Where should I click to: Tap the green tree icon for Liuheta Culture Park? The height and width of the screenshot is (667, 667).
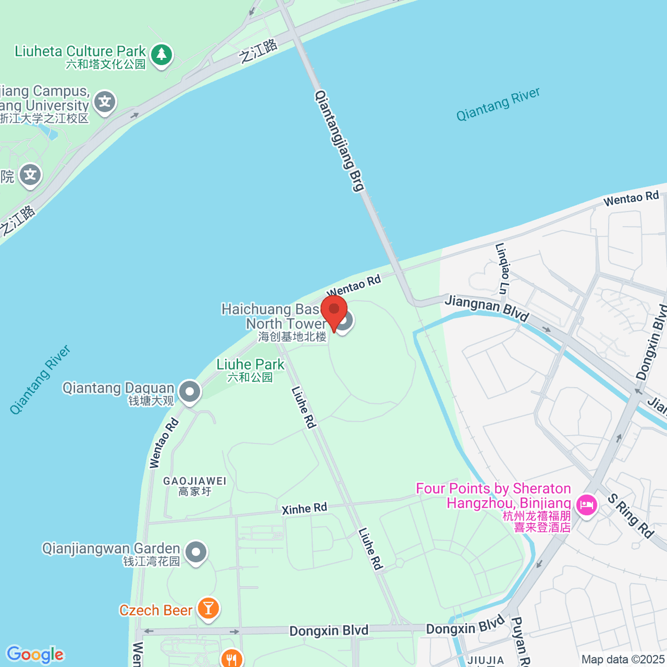pyautogui.click(x=162, y=55)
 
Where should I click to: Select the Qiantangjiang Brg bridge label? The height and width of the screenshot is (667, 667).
pyautogui.click(x=340, y=141)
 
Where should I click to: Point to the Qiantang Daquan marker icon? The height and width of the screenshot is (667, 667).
pyautogui.click(x=190, y=392)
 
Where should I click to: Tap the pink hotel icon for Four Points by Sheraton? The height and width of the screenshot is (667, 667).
pyautogui.click(x=586, y=505)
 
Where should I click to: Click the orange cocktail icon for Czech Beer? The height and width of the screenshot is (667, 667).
pyautogui.click(x=208, y=608)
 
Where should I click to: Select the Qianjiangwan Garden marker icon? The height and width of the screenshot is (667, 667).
pyautogui.click(x=196, y=552)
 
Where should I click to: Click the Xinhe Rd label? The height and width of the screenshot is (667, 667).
pyautogui.click(x=304, y=508)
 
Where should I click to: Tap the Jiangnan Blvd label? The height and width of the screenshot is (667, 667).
pyautogui.click(x=486, y=308)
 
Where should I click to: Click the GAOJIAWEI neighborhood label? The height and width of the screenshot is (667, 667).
pyautogui.click(x=195, y=486)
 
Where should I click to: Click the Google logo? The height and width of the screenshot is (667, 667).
pyautogui.click(x=35, y=654)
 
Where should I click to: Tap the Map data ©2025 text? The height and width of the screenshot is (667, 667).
pyautogui.click(x=622, y=659)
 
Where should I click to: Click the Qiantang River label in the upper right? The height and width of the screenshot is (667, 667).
pyautogui.click(x=498, y=104)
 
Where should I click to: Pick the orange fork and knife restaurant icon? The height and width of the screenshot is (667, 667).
pyautogui.click(x=231, y=659)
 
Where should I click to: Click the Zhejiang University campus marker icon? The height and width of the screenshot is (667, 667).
pyautogui.click(x=104, y=102)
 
